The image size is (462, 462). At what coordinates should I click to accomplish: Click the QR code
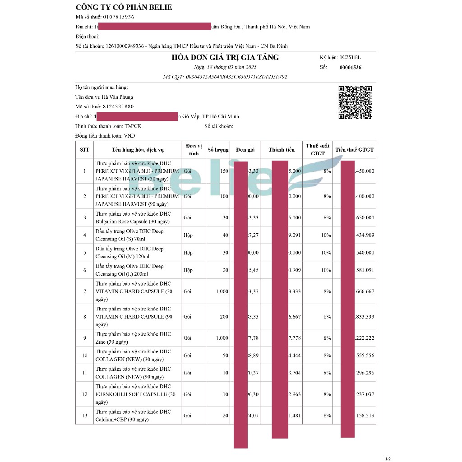355,102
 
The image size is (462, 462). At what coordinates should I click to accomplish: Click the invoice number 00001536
350,68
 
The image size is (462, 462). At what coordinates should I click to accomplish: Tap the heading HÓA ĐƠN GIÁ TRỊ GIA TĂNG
225,57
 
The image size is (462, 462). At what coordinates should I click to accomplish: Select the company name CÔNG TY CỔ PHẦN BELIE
124,7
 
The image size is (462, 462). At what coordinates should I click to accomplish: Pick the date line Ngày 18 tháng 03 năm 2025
225,67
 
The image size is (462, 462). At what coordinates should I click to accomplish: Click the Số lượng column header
218,150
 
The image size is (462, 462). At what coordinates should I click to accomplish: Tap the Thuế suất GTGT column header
318,150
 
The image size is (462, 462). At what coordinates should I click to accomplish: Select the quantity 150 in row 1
224,171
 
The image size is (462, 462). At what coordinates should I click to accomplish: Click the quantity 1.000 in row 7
222,291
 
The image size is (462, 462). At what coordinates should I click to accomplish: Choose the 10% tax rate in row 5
326,253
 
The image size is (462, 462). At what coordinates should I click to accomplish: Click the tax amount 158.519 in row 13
365,416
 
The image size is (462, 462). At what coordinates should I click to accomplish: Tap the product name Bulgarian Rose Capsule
132,222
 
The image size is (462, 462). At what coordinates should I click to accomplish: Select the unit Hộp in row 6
188,270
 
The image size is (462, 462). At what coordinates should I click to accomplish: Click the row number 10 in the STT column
84,356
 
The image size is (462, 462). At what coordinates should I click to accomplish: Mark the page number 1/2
388,459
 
